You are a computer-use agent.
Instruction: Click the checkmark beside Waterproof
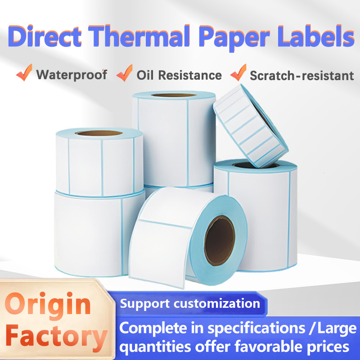click(x=24, y=73)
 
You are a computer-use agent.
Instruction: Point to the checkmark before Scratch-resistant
click(x=238, y=73)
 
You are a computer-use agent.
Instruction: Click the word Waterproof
click(x=72, y=74)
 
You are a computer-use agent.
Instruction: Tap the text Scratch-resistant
click(x=302, y=75)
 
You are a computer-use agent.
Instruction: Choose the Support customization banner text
click(x=190, y=303)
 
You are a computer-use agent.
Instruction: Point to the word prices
click(x=322, y=347)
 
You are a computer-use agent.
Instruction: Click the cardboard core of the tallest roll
click(x=173, y=95)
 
